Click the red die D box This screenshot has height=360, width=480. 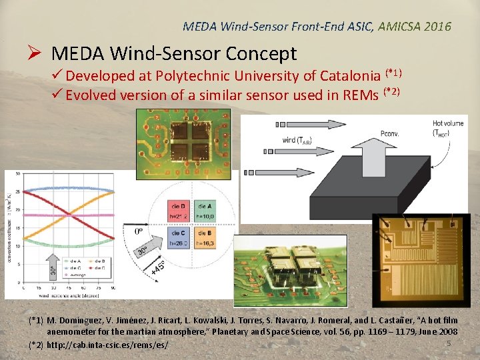tap(179, 211)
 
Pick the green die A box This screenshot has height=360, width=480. tap(205, 211)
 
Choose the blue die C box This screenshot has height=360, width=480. tap(179, 237)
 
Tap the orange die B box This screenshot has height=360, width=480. tap(205, 237)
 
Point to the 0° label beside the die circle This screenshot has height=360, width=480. tap(139, 231)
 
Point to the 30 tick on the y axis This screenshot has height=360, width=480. tap(17, 174)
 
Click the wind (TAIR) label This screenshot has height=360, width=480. tap(295, 140)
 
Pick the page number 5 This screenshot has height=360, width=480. tap(449, 343)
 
